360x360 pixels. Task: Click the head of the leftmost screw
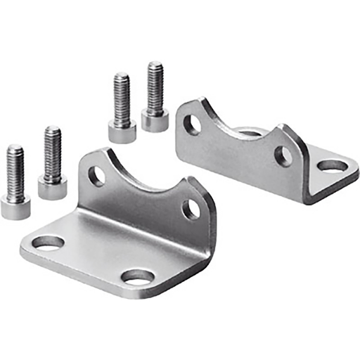15,206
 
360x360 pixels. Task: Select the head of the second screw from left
53,187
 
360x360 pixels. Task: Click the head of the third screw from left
122,130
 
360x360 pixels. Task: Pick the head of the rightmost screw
155,120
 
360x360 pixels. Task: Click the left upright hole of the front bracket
96,176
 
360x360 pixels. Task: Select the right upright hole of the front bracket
191,209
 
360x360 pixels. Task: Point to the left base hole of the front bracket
48,243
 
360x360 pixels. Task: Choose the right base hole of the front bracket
138,277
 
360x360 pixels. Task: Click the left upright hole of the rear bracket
192,124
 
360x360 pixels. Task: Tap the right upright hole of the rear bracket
283,156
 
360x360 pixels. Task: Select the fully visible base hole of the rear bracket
332,167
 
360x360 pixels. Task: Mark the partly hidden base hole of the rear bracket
250,132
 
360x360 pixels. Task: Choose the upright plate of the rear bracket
239,158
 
